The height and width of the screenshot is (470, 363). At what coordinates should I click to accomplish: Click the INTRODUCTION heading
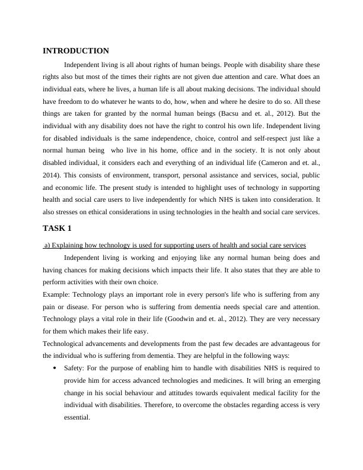[76, 51]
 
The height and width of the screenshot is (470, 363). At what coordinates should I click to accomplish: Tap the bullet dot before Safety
[55, 368]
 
